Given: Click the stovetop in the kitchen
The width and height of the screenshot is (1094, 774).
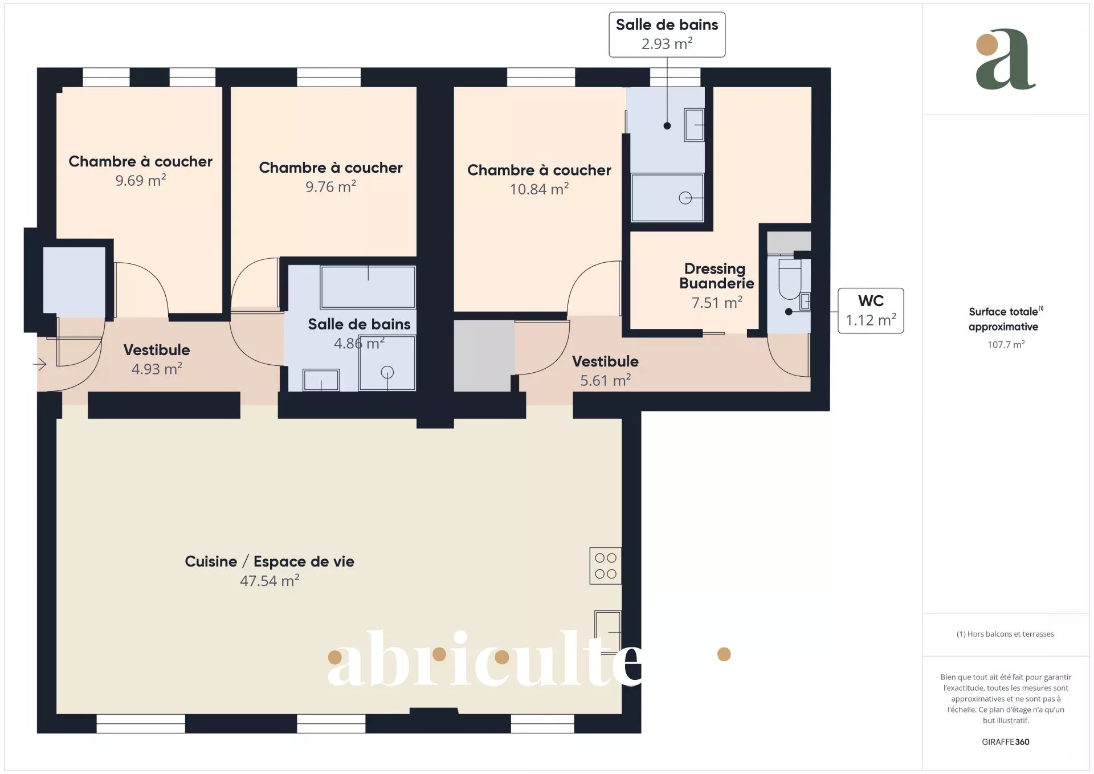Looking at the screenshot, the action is (x=605, y=566).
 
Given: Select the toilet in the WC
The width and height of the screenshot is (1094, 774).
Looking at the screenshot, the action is (x=790, y=279).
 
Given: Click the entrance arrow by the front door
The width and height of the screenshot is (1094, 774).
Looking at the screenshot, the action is (x=39, y=364).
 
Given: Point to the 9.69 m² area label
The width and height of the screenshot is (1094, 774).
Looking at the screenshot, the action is (x=141, y=181).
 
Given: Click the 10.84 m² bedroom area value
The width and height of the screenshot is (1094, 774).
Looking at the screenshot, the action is (x=539, y=189).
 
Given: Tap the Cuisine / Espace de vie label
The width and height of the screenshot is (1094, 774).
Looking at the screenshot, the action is (x=270, y=561).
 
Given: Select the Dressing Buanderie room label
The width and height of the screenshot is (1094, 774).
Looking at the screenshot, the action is (x=717, y=276).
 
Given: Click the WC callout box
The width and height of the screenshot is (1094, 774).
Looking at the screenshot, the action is (x=871, y=311).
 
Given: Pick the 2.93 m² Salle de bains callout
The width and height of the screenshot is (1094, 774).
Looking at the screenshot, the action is (x=667, y=35).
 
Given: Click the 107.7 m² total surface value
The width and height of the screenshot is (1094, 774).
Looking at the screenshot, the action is (x=1006, y=345).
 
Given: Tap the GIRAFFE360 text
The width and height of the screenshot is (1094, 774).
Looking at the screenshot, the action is (x=1006, y=742).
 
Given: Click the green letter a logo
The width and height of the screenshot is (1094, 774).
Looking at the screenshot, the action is (x=1006, y=59).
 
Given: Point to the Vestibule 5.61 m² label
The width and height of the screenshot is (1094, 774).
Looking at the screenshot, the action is (x=605, y=370).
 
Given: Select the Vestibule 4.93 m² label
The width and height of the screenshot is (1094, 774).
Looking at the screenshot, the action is (x=157, y=359).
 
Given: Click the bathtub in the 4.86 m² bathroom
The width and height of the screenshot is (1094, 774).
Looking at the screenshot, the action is (x=368, y=287).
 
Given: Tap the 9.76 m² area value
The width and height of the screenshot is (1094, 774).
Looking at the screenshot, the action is (x=330, y=187).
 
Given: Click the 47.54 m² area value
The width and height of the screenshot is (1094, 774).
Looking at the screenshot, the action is (x=270, y=581).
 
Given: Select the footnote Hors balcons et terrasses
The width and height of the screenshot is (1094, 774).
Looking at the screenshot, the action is (x=1005, y=634).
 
